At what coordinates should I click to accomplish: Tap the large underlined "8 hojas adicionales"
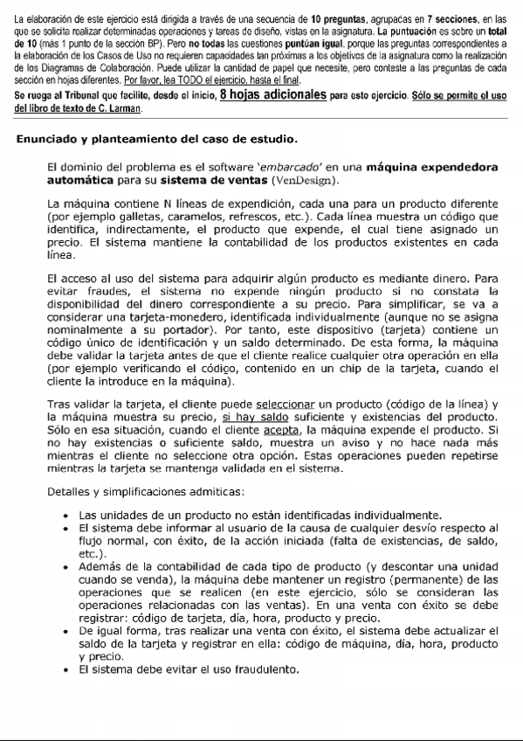tap(274, 95)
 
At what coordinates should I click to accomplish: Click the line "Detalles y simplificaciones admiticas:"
tap(146, 493)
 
